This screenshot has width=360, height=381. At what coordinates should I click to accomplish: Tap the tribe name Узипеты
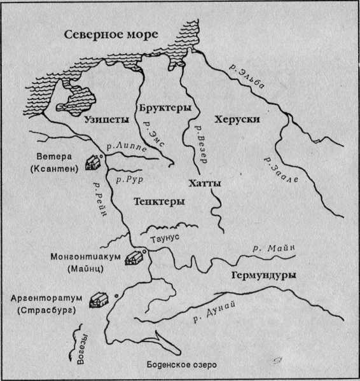pos(107,118)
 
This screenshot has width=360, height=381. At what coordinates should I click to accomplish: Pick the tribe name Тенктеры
pos(160,202)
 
